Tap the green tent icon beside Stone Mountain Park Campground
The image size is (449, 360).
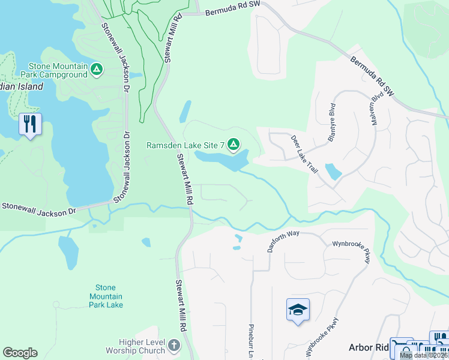click(96, 70)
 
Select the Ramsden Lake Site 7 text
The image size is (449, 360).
click(185, 145)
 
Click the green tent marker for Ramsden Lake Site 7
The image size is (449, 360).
click(234, 145)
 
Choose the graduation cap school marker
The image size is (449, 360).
click(298, 310)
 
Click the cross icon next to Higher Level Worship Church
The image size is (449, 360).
click(174, 346)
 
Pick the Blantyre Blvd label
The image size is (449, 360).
click(331, 122)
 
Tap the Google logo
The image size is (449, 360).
click(20, 353)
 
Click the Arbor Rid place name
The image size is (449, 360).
click(369, 347)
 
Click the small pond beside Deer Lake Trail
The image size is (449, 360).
click(333, 172)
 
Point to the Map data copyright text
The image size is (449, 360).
click(423, 355)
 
